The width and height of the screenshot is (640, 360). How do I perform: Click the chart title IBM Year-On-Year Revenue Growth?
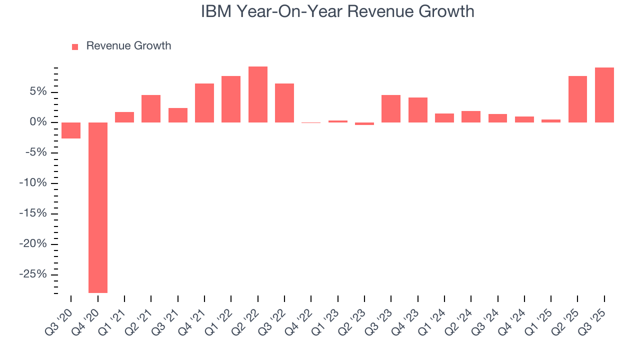coord(337,11)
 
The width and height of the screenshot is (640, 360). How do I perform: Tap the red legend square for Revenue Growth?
coord(75,46)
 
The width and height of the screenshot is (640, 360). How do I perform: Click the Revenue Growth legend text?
coord(128,46)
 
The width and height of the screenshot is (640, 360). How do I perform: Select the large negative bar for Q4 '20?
coord(98,207)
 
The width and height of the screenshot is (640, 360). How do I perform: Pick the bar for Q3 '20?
coord(71,130)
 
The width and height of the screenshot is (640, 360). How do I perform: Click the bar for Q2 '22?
coord(258,94)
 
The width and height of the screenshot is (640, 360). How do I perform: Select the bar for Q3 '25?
coord(604,95)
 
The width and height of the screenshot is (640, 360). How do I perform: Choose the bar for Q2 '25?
coord(577,99)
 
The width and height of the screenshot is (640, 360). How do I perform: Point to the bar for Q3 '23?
coord(391,108)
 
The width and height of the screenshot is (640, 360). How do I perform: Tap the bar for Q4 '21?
coord(204,103)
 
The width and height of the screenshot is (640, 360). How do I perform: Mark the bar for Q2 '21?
coord(151,108)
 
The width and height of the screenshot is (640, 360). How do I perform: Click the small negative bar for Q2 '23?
coord(364,123)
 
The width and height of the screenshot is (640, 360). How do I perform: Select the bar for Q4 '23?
coord(418,110)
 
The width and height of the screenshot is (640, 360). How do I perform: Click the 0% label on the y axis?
coord(39,122)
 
